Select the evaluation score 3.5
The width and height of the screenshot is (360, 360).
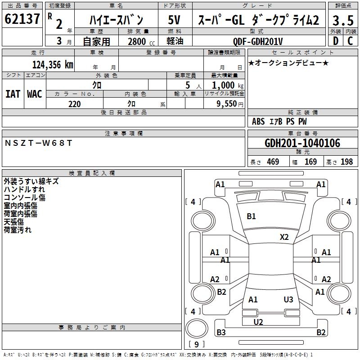click(x=342, y=20)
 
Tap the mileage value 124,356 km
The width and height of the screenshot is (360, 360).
click(x=53, y=64)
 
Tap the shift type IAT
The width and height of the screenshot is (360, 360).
click(x=13, y=94)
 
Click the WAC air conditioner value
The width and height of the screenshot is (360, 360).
click(x=35, y=94)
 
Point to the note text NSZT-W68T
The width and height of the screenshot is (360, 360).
click(x=38, y=143)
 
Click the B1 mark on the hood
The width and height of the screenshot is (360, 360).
click(x=251, y=216)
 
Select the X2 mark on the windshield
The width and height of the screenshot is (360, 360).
click(x=284, y=237)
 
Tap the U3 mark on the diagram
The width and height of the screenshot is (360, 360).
click(x=288, y=300)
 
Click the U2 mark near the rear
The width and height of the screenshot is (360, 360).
click(x=258, y=322)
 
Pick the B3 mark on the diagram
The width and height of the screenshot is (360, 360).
click(x=221, y=333)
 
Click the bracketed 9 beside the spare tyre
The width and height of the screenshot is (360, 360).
click(x=196, y=345)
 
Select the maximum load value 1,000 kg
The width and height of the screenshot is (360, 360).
click(x=225, y=85)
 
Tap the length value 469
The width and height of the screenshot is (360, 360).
click(x=273, y=162)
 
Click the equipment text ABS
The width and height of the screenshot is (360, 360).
click(x=258, y=121)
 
